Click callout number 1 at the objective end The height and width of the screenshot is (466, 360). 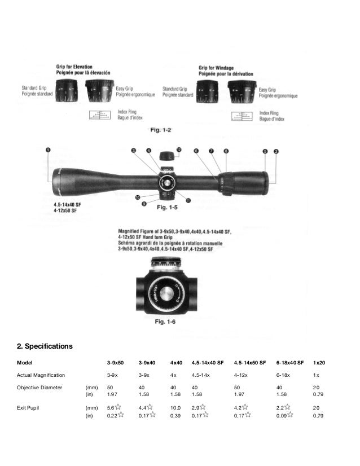(x=48, y=150)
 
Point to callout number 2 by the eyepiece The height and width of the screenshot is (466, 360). (x=276, y=151)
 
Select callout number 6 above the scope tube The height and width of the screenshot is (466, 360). (x=195, y=151)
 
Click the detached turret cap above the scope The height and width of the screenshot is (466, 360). (x=166, y=156)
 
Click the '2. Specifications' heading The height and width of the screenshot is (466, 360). (x=45, y=344)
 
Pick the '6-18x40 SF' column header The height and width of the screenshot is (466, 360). (x=290, y=362)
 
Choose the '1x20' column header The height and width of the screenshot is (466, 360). (x=321, y=362)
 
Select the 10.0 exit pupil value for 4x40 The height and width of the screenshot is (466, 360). (x=175, y=407)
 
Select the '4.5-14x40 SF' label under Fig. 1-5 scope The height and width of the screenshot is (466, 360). (x=60, y=205)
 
